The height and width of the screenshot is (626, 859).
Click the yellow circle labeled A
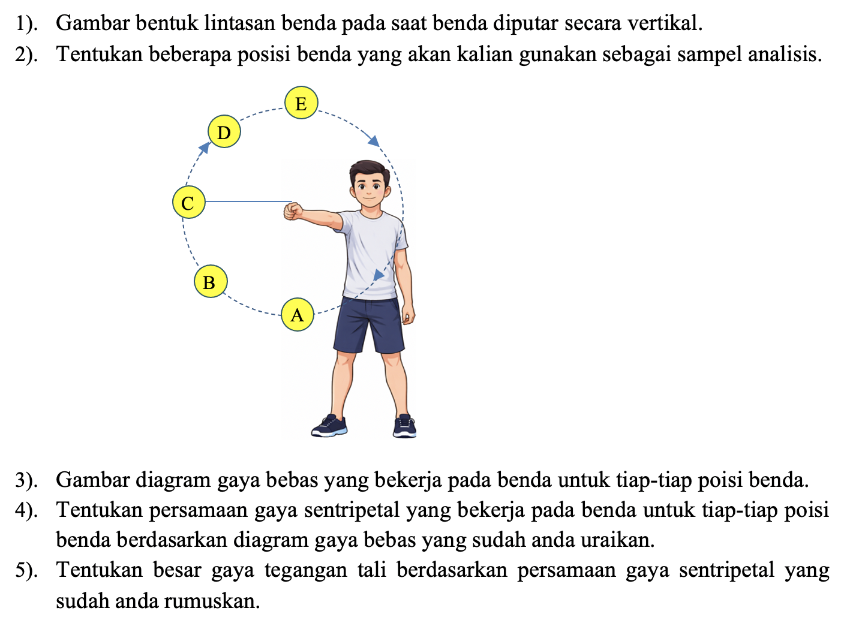(298, 314)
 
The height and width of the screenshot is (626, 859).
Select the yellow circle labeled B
(210, 281)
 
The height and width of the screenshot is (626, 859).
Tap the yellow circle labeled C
(188, 203)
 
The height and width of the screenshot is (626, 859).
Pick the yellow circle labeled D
(224, 132)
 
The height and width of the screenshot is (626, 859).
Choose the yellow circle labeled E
(301, 103)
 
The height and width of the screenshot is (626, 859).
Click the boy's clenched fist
(293, 211)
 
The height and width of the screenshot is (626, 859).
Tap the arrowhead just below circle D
(205, 148)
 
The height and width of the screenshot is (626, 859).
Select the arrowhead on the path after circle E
(374, 141)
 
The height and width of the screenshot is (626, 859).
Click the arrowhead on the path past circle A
(379, 275)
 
